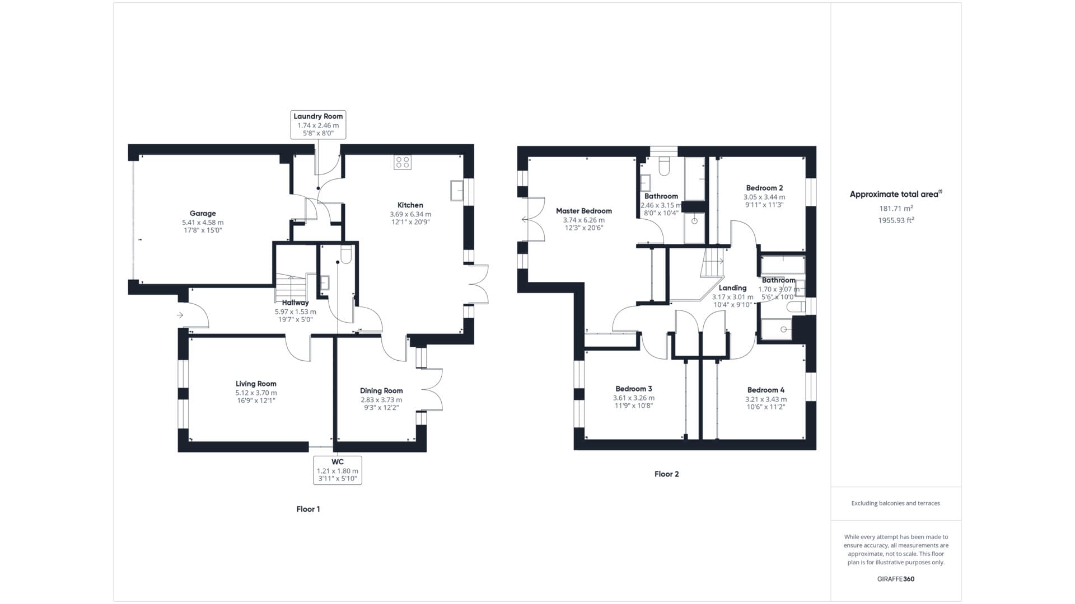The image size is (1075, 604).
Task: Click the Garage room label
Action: (203, 213)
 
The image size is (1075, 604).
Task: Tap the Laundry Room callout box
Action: (318, 125)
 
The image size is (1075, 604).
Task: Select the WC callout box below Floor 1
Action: (338, 470)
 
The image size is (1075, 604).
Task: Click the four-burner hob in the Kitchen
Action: (403, 162)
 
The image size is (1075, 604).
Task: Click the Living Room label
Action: (256, 384)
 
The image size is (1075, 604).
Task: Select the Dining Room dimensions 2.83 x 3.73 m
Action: (381, 400)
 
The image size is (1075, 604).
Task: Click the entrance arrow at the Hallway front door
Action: (180, 315)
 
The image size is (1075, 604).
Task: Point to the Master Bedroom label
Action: (584, 211)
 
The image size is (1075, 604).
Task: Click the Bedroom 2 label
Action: (764, 188)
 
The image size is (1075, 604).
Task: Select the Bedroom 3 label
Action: (634, 389)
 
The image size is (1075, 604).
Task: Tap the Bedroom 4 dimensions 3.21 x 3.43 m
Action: (766, 399)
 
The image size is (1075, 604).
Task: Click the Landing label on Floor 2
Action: (732, 288)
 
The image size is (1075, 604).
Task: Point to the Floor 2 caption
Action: (667, 474)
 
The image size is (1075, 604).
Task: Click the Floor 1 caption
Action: (309, 509)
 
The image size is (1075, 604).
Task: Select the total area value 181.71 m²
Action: (896, 208)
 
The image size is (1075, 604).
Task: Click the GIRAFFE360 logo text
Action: (896, 579)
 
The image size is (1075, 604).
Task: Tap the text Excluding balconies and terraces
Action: (896, 503)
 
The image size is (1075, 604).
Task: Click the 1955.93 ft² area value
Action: (896, 220)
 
